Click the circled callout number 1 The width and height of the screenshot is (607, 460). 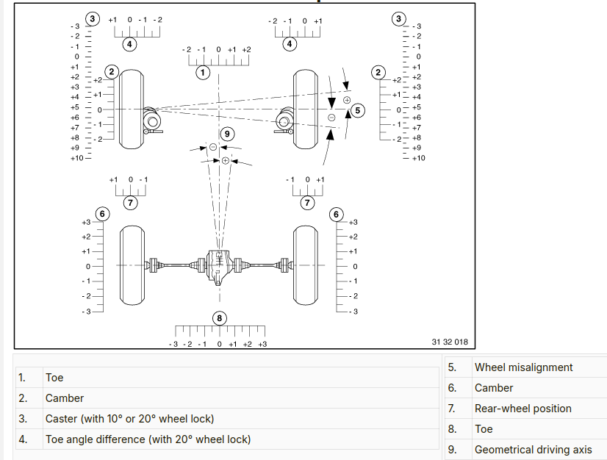pyautogui.click(x=203, y=72)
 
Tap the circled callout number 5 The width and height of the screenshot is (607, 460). pyautogui.click(x=358, y=110)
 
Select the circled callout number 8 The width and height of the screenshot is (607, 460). pyautogui.click(x=219, y=318)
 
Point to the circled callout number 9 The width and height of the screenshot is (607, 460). pyautogui.click(x=227, y=134)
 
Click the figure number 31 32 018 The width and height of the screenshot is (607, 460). pyautogui.click(x=450, y=342)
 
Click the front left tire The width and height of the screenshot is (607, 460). pyautogui.click(x=132, y=109)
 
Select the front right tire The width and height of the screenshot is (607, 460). pyautogui.click(x=306, y=109)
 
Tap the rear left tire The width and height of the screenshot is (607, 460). pyautogui.click(x=132, y=265)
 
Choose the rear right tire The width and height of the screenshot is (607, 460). pyautogui.click(x=306, y=265)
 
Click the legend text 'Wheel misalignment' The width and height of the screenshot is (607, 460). pyautogui.click(x=523, y=367)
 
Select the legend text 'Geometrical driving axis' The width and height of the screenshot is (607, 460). pyautogui.click(x=533, y=450)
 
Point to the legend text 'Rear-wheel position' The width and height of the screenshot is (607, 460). pyautogui.click(x=522, y=409)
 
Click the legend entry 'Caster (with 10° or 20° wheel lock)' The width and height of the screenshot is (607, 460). pyautogui.click(x=129, y=419)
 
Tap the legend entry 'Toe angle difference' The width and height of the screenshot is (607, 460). pyautogui.click(x=148, y=439)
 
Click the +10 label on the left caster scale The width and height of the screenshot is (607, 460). pyautogui.click(x=77, y=158)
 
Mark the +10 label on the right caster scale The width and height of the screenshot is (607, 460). pyautogui.click(x=418, y=158)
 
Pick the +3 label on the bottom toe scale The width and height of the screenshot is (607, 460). pyautogui.click(x=262, y=344)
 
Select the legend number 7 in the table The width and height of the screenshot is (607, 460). pyautogui.click(x=452, y=409)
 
